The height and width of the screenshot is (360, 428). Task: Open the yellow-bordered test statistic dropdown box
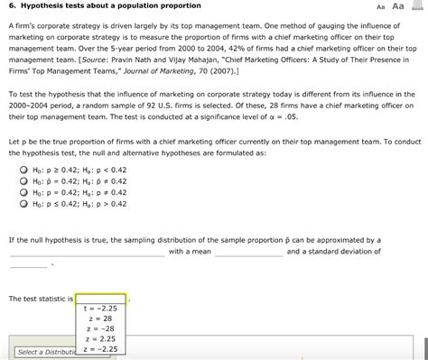click(x=101, y=297)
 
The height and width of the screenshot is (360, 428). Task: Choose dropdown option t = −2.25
click(x=100, y=309)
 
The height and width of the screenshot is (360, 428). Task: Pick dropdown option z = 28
click(x=100, y=318)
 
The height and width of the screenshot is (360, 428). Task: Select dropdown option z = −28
click(x=100, y=328)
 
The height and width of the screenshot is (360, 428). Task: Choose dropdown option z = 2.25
click(x=100, y=338)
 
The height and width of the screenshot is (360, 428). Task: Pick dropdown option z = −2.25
click(x=100, y=348)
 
